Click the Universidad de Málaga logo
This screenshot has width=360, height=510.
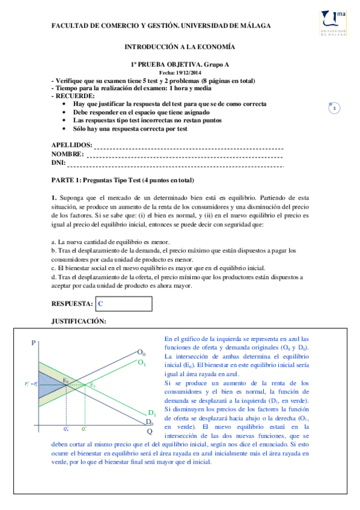click(334, 23)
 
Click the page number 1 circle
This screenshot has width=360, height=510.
click(334, 108)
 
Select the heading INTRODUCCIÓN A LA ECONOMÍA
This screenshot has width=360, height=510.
click(179, 46)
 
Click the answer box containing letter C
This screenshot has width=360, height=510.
click(123, 304)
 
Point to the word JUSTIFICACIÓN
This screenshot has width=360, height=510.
click(79, 322)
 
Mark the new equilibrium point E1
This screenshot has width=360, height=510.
click(93, 385)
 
